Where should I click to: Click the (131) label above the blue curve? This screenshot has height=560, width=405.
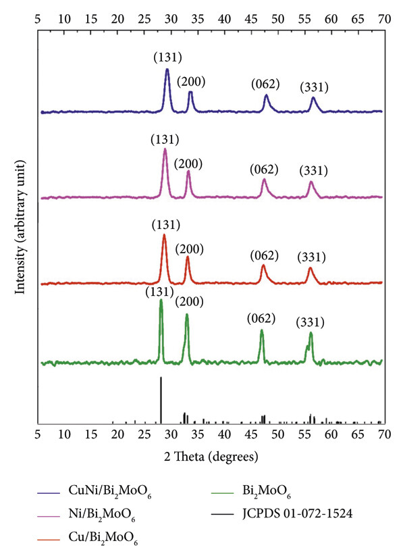click(167, 57)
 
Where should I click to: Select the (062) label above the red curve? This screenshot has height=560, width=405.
click(264, 255)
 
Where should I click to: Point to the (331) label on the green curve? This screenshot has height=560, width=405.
click(310, 323)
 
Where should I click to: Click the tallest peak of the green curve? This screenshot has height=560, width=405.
click(161, 301)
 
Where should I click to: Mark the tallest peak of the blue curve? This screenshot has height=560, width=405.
click(167, 70)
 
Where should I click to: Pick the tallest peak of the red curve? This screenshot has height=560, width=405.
click(164, 236)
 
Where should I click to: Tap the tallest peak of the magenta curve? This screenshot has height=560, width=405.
click(165, 150)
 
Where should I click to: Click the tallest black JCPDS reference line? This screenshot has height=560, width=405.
click(161, 378)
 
